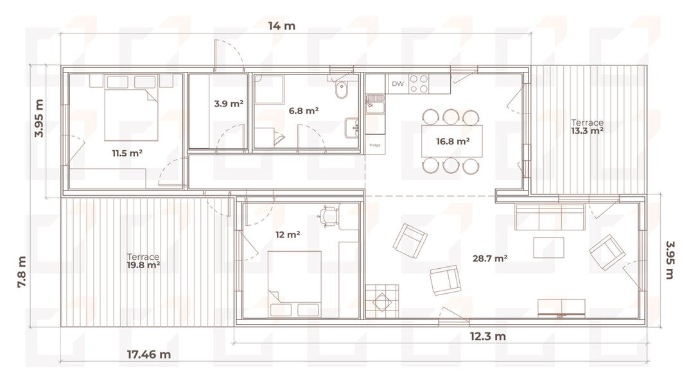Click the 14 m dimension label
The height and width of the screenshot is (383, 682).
281,26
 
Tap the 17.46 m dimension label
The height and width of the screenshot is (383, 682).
149,354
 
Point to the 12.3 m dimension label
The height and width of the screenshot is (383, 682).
487,336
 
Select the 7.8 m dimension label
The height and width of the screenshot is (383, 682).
22,272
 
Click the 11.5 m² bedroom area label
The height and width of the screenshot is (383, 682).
127,153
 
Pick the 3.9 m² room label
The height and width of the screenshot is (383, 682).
229,103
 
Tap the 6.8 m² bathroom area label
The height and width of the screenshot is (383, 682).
304,110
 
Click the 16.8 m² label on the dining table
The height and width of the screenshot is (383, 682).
452,141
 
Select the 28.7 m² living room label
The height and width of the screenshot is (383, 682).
490,259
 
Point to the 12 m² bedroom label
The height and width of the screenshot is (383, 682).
288,235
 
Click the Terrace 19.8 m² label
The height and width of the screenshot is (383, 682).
143,261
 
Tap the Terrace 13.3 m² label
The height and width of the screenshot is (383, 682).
587,126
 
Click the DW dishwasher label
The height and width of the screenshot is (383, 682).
398,84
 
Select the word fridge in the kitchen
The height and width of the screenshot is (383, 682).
374,145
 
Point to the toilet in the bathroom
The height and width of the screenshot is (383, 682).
341,89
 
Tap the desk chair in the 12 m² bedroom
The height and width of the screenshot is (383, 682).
328,216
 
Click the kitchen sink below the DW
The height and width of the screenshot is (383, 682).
374,105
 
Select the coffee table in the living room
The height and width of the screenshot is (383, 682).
548,248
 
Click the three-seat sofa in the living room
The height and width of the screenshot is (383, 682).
549,216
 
